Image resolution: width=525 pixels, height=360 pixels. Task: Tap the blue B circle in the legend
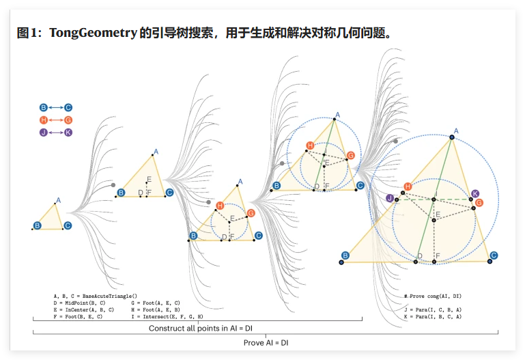[43, 108]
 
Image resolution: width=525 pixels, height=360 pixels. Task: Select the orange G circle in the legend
[68, 120]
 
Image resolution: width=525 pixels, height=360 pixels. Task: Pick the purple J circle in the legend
[43, 133]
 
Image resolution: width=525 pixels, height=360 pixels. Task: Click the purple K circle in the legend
[68, 133]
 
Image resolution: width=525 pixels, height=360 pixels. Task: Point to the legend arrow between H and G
[55, 120]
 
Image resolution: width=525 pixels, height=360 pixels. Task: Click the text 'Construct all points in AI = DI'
[201, 329]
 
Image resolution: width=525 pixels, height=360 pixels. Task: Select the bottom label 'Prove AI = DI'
[267, 342]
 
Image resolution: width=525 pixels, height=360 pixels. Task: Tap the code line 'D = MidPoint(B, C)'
[79, 302]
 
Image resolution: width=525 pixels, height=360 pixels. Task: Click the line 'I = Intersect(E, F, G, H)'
[167, 317]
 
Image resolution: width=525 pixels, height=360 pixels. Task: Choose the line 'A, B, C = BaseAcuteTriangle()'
[95, 294]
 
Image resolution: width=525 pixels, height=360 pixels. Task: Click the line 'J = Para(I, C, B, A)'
[432, 309]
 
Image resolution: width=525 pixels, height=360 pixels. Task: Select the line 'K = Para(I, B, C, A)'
[432, 317]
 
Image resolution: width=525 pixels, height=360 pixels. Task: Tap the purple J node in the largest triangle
[389, 198]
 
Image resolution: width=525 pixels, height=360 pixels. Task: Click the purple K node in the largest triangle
[475, 194]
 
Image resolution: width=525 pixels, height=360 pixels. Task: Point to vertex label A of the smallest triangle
[58, 200]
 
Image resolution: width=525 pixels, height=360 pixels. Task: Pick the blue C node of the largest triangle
[494, 255]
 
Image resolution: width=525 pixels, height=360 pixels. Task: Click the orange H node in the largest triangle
[408, 186]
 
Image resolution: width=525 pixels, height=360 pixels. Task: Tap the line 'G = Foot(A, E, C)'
[155, 302]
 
